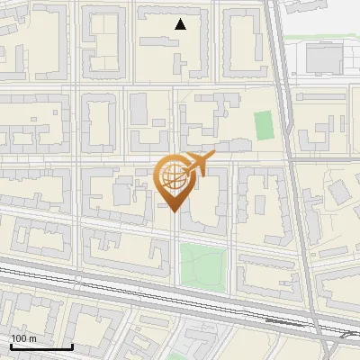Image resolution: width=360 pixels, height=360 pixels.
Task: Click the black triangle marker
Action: (x=181, y=24)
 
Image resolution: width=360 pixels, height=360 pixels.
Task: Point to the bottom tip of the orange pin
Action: (x=173, y=211)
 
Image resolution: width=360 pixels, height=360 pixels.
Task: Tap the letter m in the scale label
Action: (x=33, y=338)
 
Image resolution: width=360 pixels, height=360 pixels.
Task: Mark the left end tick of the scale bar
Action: (x=10, y=346)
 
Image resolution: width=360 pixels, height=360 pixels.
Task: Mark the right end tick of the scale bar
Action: (x=72, y=346)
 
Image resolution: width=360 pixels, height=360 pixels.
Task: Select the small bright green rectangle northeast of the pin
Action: (x=263, y=125)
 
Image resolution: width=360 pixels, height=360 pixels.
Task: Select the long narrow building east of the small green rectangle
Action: (x=280, y=126)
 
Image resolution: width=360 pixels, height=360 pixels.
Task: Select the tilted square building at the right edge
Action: (x=339, y=191)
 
